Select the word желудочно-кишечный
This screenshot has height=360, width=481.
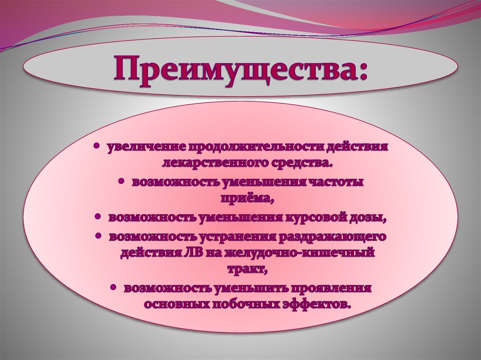pyautogui.click(x=299, y=253)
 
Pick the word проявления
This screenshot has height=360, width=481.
pyautogui.click(x=332, y=288)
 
